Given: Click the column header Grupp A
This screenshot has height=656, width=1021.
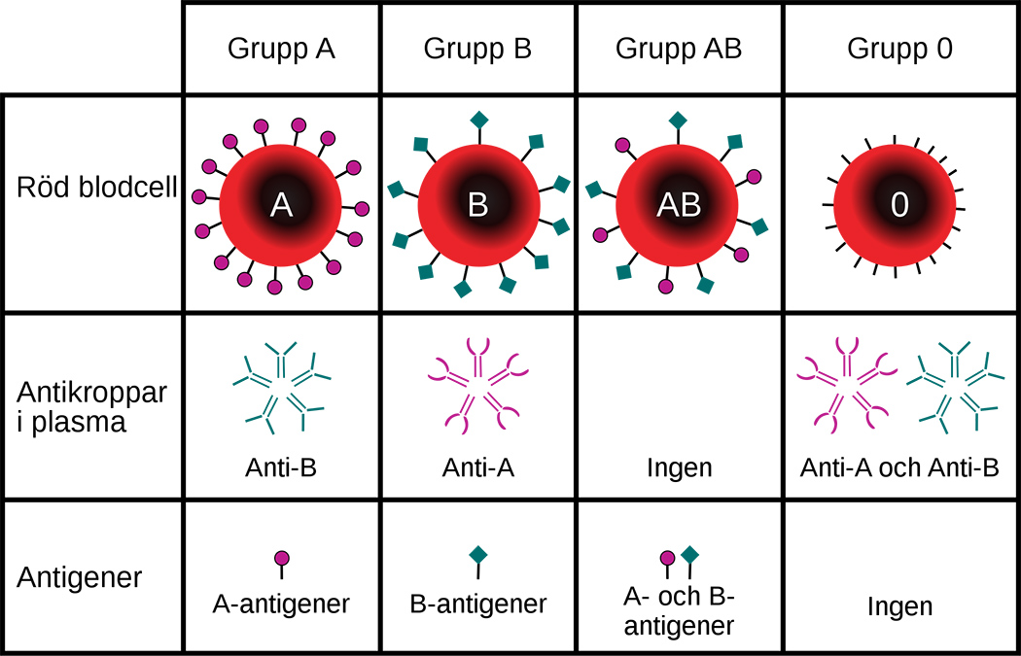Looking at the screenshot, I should (x=281, y=49).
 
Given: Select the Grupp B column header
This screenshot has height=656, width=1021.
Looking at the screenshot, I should (x=477, y=49).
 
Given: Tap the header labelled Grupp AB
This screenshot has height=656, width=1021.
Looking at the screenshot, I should (x=679, y=49).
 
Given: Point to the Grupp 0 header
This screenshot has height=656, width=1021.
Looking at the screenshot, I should (x=899, y=49).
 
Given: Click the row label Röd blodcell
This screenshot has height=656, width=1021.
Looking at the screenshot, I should (x=96, y=188).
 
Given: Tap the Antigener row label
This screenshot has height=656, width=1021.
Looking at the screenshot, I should (x=80, y=578).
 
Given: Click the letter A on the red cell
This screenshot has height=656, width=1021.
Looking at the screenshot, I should (x=281, y=204).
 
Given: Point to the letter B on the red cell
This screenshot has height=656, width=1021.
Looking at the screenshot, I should (x=477, y=204).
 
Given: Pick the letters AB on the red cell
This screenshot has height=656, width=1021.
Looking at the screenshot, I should (x=678, y=204).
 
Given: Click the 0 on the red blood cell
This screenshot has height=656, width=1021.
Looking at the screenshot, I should (x=899, y=204).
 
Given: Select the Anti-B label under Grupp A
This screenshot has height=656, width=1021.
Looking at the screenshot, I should (x=281, y=468).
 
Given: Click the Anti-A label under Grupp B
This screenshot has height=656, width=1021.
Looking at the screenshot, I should (x=476, y=468).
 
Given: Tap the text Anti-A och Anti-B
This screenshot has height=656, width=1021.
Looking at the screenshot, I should (x=899, y=468).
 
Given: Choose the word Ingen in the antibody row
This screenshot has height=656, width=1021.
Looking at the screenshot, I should (x=679, y=468).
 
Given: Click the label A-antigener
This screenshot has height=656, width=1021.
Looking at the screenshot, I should (x=281, y=604).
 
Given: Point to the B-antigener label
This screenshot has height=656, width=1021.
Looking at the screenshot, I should (x=477, y=604).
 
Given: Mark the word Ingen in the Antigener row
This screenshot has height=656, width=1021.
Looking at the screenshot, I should (x=899, y=608).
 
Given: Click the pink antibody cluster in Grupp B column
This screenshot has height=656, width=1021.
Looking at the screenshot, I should (x=476, y=384).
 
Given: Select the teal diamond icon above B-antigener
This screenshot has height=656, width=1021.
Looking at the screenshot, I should (x=477, y=554).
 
